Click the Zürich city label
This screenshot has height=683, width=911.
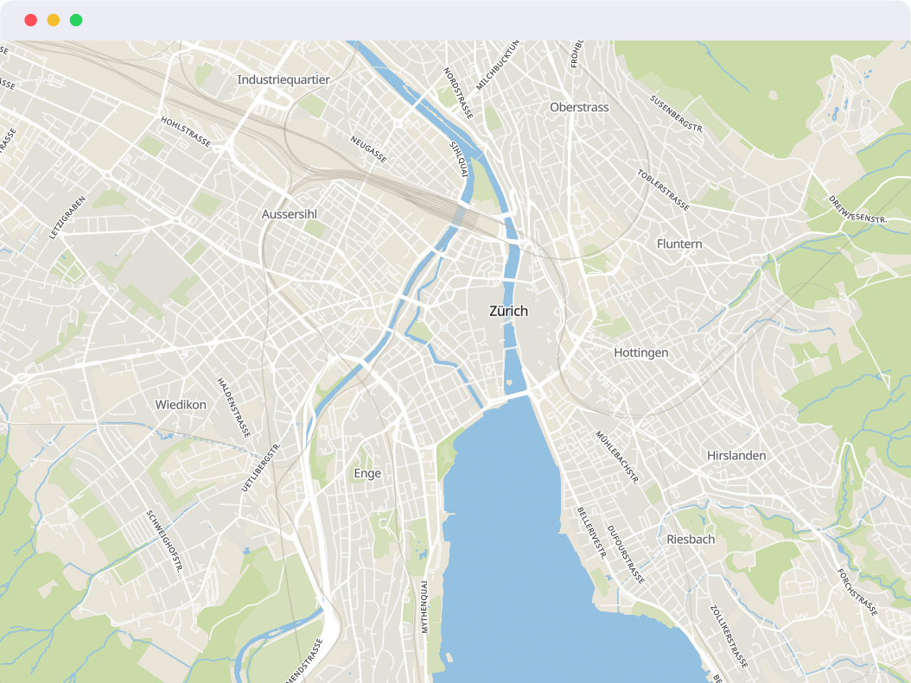point(508,311)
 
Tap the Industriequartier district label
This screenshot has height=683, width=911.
point(283,79)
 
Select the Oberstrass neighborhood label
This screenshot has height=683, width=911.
point(579,107)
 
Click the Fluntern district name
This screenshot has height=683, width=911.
point(679,244)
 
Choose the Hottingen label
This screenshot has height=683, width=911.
point(640,353)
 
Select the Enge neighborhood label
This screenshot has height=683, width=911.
point(367,473)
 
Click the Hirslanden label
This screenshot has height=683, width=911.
point(736,455)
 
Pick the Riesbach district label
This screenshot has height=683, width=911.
point(691,539)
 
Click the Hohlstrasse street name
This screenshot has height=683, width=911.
point(186,131)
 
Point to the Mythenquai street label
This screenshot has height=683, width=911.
point(424,607)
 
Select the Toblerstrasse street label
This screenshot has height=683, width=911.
point(663,190)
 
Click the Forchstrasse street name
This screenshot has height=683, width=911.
point(857,591)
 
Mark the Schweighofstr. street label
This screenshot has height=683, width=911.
point(164,541)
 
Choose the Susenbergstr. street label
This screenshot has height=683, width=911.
point(678,114)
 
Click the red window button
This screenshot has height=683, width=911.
point(30,20)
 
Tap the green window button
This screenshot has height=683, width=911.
point(76,20)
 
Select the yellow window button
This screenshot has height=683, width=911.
point(54,20)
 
